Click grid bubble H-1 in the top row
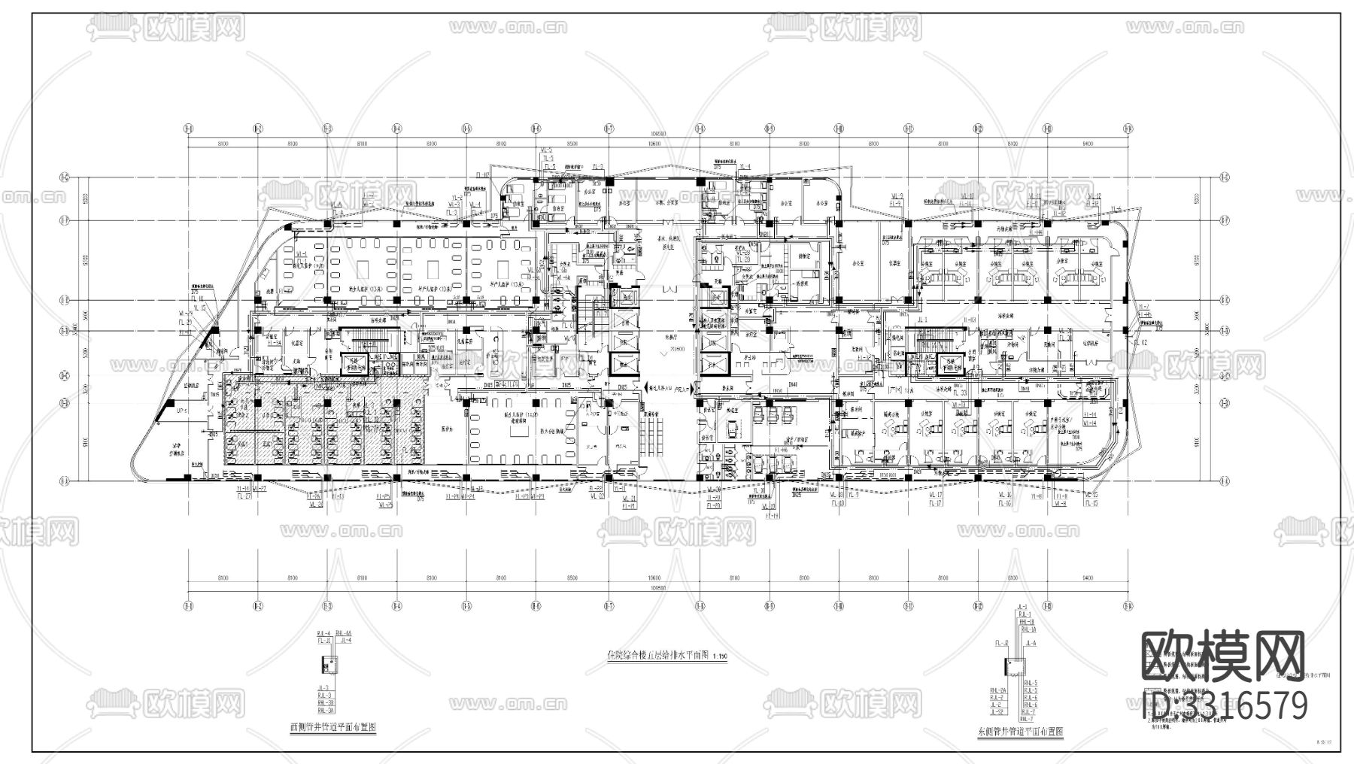(x=187, y=129)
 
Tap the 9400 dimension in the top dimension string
(x=1087, y=143)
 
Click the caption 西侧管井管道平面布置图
(x=333, y=728)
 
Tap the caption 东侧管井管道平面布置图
(x=1019, y=732)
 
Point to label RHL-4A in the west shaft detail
(x=346, y=635)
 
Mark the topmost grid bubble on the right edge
(x=1224, y=178)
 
